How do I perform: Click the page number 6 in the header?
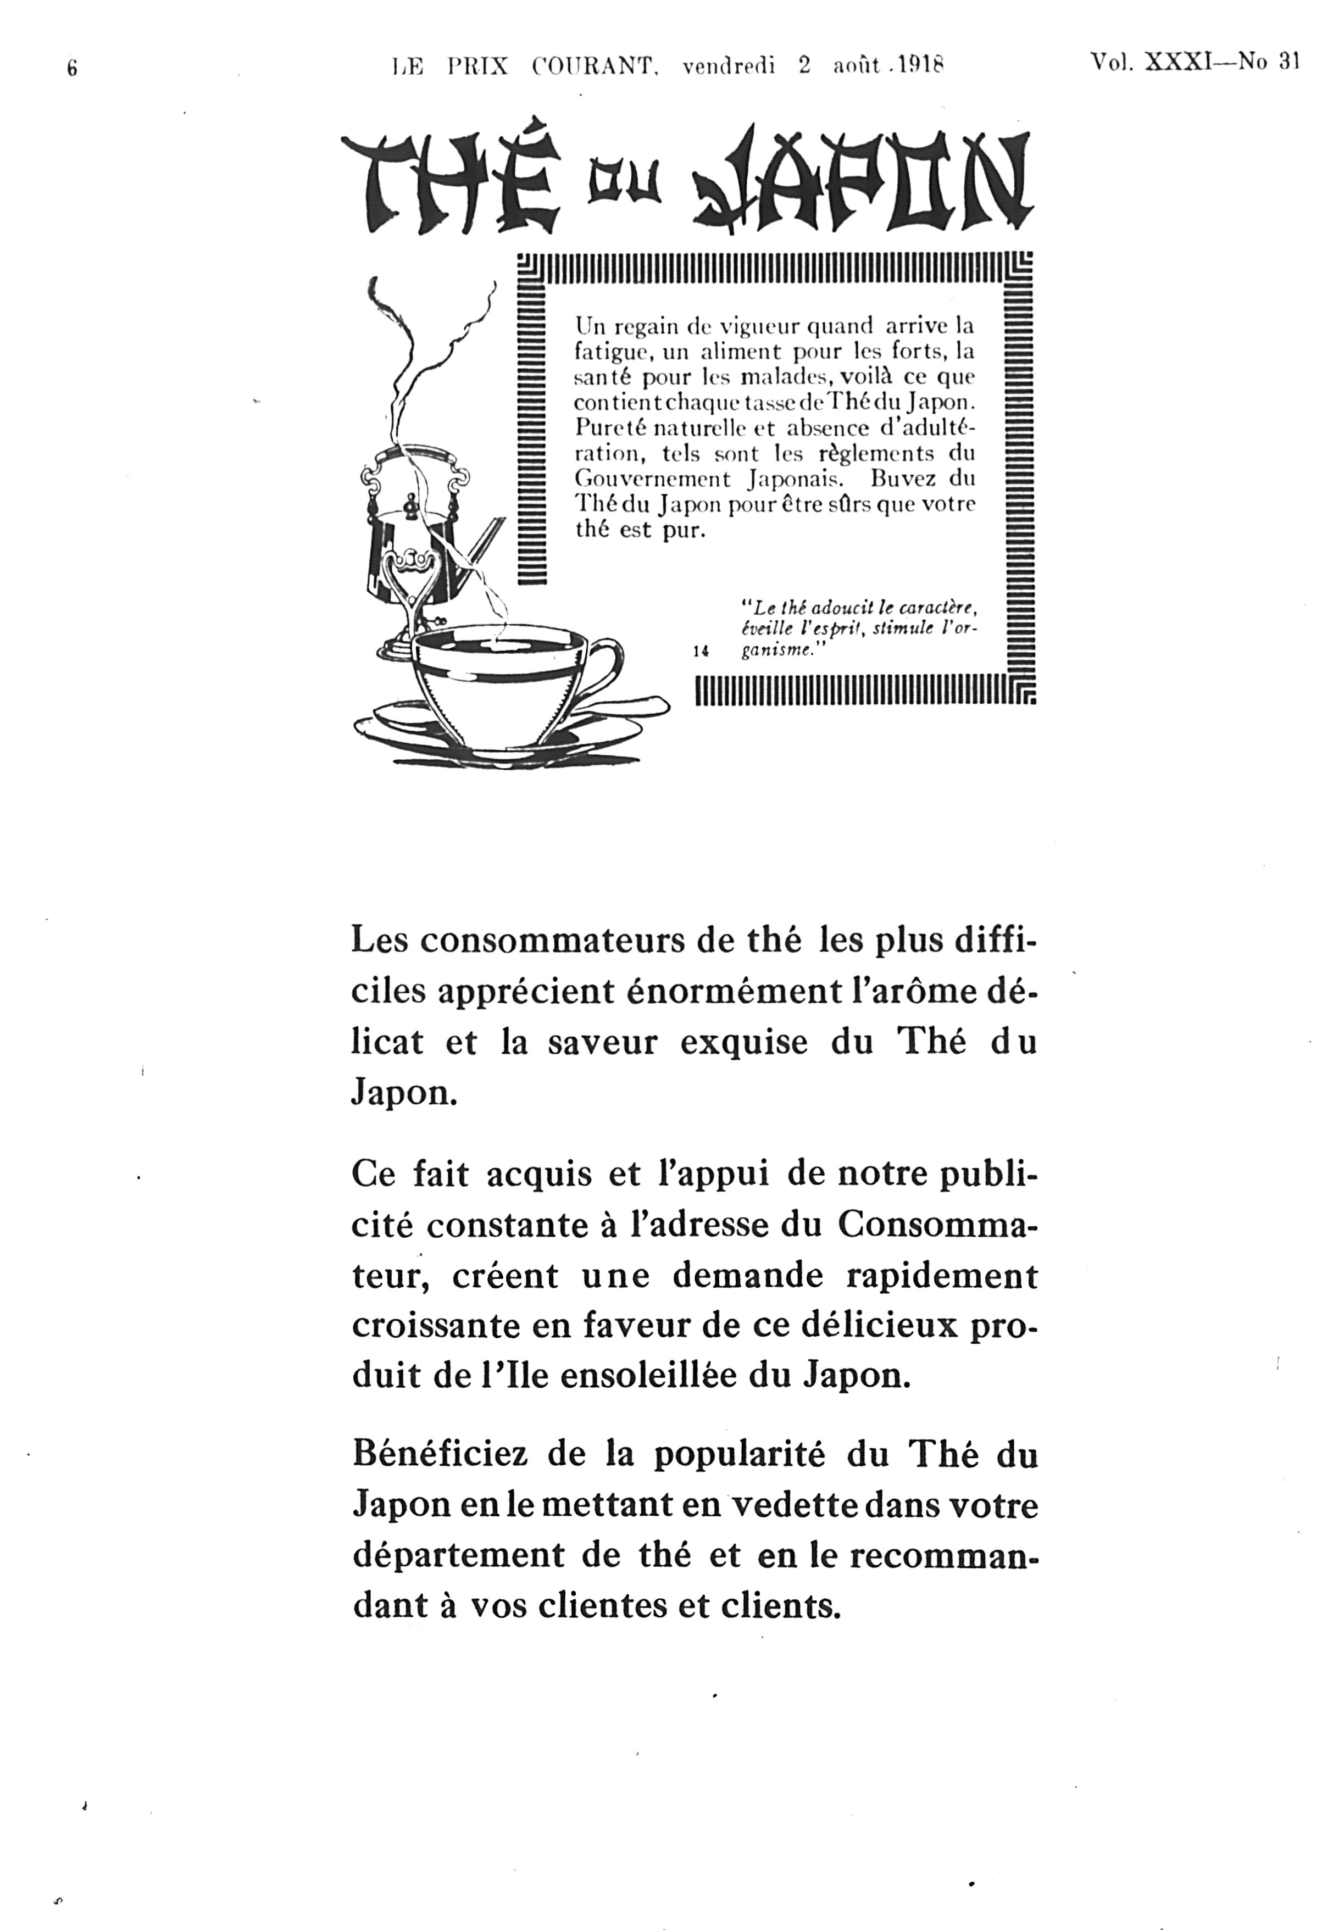72,69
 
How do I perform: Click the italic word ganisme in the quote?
774,651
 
